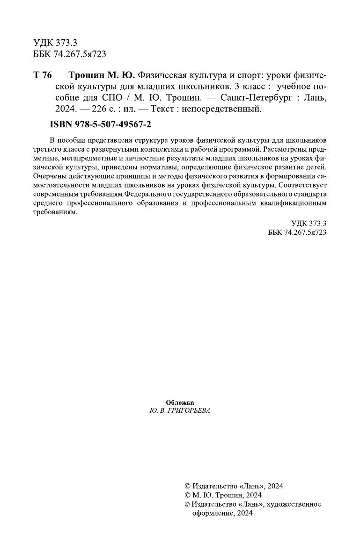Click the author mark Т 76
point(42,75)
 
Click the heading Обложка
point(180,402)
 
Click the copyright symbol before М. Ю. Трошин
point(188,495)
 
